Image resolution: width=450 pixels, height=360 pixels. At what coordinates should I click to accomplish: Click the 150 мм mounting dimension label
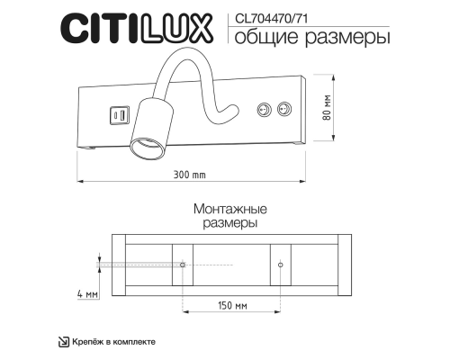tap(232, 305)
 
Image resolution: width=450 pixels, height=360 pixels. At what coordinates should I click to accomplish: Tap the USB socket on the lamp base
tap(118, 114)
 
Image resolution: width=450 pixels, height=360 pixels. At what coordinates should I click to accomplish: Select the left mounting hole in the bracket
tap(183, 265)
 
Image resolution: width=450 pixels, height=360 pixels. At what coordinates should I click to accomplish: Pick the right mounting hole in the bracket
tap(281, 265)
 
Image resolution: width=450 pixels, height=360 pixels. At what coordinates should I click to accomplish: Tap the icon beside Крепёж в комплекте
tap(63, 341)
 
